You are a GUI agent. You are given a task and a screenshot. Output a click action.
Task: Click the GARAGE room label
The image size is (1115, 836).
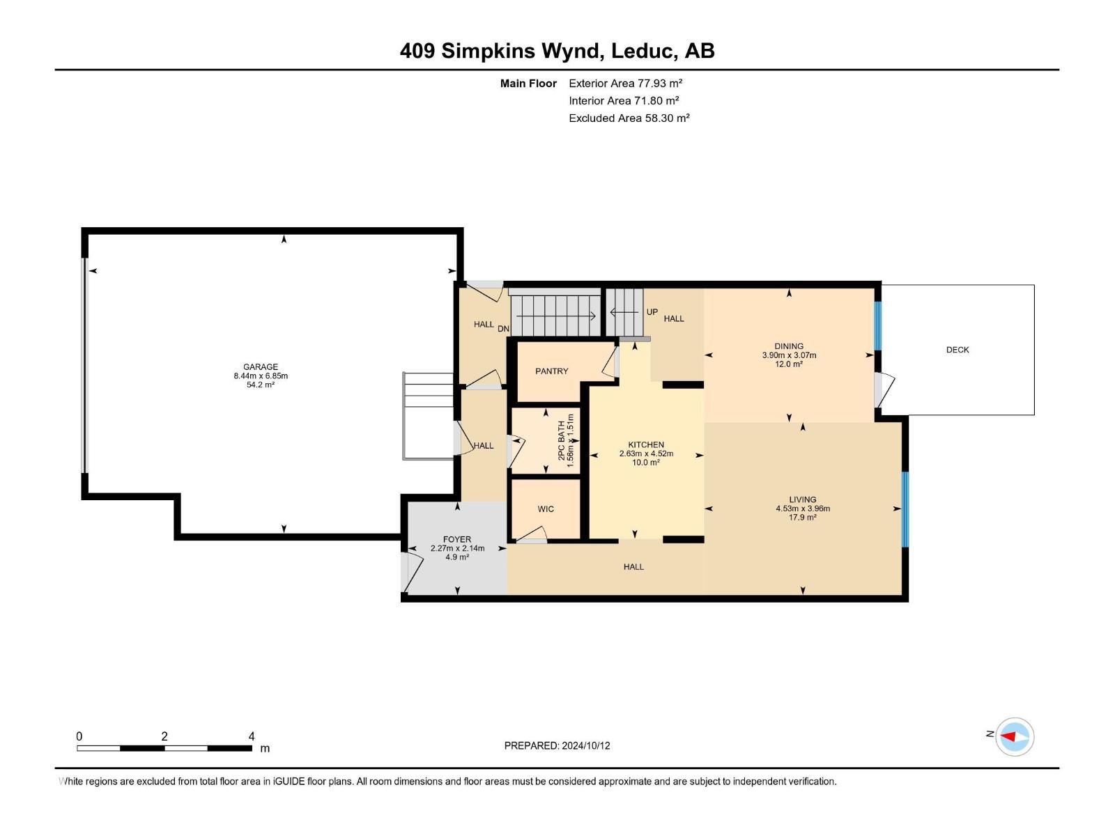click(261, 366)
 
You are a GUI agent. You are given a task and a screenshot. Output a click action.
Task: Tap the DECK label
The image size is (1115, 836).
click(957, 350)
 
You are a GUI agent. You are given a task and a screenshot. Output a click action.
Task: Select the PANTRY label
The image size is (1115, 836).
click(551, 371)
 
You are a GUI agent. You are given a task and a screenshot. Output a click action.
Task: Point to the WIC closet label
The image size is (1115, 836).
click(546, 509)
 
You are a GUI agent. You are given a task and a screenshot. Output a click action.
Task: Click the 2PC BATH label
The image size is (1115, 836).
click(561, 440)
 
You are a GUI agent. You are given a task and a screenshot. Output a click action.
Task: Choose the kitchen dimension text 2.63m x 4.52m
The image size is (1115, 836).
click(646, 454)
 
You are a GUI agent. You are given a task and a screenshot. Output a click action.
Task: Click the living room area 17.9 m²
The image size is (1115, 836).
click(803, 517)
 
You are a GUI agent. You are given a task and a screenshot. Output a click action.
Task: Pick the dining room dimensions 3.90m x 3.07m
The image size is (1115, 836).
click(789, 355)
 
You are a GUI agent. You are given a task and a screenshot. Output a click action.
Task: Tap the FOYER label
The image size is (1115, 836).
click(456, 539)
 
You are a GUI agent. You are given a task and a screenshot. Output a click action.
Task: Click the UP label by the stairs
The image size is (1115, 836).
click(652, 311)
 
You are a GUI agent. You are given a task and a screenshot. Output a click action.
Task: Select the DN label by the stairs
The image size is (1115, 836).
click(503, 329)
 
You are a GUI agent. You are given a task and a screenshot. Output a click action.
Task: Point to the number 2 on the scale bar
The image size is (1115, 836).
click(164, 736)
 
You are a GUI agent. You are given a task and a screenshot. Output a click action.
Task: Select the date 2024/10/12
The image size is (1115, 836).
click(585, 745)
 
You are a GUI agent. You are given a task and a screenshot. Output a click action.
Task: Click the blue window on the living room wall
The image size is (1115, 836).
click(904, 509)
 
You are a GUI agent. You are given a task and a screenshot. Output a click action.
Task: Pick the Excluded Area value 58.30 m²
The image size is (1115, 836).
click(667, 118)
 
